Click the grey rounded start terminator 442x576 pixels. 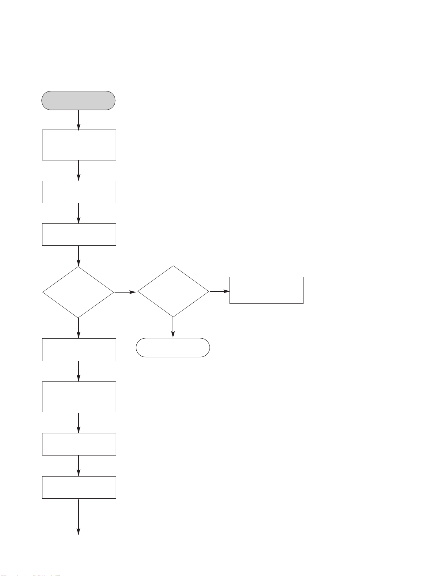[79, 101]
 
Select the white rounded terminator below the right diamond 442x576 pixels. [173, 348]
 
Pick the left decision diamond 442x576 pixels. [79, 292]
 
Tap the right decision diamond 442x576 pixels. [173, 291]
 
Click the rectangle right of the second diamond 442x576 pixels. [266, 290]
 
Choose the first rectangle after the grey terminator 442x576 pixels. [79, 145]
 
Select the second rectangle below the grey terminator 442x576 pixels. [79, 192]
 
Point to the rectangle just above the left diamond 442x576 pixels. [79, 234]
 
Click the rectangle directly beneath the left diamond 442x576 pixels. [79, 350]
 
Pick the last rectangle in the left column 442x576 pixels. [79, 487]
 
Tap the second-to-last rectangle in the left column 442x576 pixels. [79, 444]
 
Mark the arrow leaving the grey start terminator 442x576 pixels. [79, 120]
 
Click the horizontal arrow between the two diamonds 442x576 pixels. [125, 292]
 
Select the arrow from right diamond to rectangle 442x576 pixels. [219, 291]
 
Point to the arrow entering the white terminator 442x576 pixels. [173, 328]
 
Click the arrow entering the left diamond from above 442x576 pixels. [79, 256]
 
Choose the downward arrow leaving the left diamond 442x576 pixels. [79, 328]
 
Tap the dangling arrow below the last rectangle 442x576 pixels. [79, 517]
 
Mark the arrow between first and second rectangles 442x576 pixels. [79, 171]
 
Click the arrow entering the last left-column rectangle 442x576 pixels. [79, 466]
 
